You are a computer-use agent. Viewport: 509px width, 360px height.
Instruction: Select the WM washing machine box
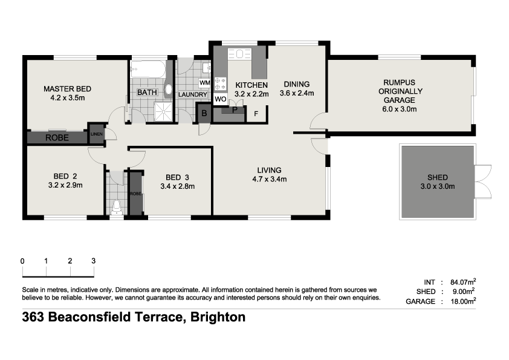pos(204,82)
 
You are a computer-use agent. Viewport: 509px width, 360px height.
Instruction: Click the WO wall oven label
pos(221,98)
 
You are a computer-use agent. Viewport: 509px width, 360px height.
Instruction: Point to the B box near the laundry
pos(204,113)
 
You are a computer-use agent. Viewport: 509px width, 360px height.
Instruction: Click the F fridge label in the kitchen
pos(256,113)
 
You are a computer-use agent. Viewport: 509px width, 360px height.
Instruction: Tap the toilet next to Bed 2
pos(117,208)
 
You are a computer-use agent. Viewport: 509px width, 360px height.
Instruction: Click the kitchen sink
pos(242,54)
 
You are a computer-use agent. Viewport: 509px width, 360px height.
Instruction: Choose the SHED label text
pos(437,177)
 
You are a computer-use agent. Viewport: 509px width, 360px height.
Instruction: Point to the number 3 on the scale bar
pos(93,261)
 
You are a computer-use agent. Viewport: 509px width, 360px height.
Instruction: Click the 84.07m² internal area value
pos(463,282)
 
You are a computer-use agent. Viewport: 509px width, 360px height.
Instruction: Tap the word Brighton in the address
pos(218,317)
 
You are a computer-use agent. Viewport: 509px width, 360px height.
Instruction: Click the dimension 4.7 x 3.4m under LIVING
pos(269,179)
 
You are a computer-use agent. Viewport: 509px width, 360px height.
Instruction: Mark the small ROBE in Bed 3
pos(135,194)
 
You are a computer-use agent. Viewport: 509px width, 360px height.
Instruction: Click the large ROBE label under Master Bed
pos(57,138)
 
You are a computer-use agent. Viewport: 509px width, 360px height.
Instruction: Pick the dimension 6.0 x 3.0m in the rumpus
pos(400,110)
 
